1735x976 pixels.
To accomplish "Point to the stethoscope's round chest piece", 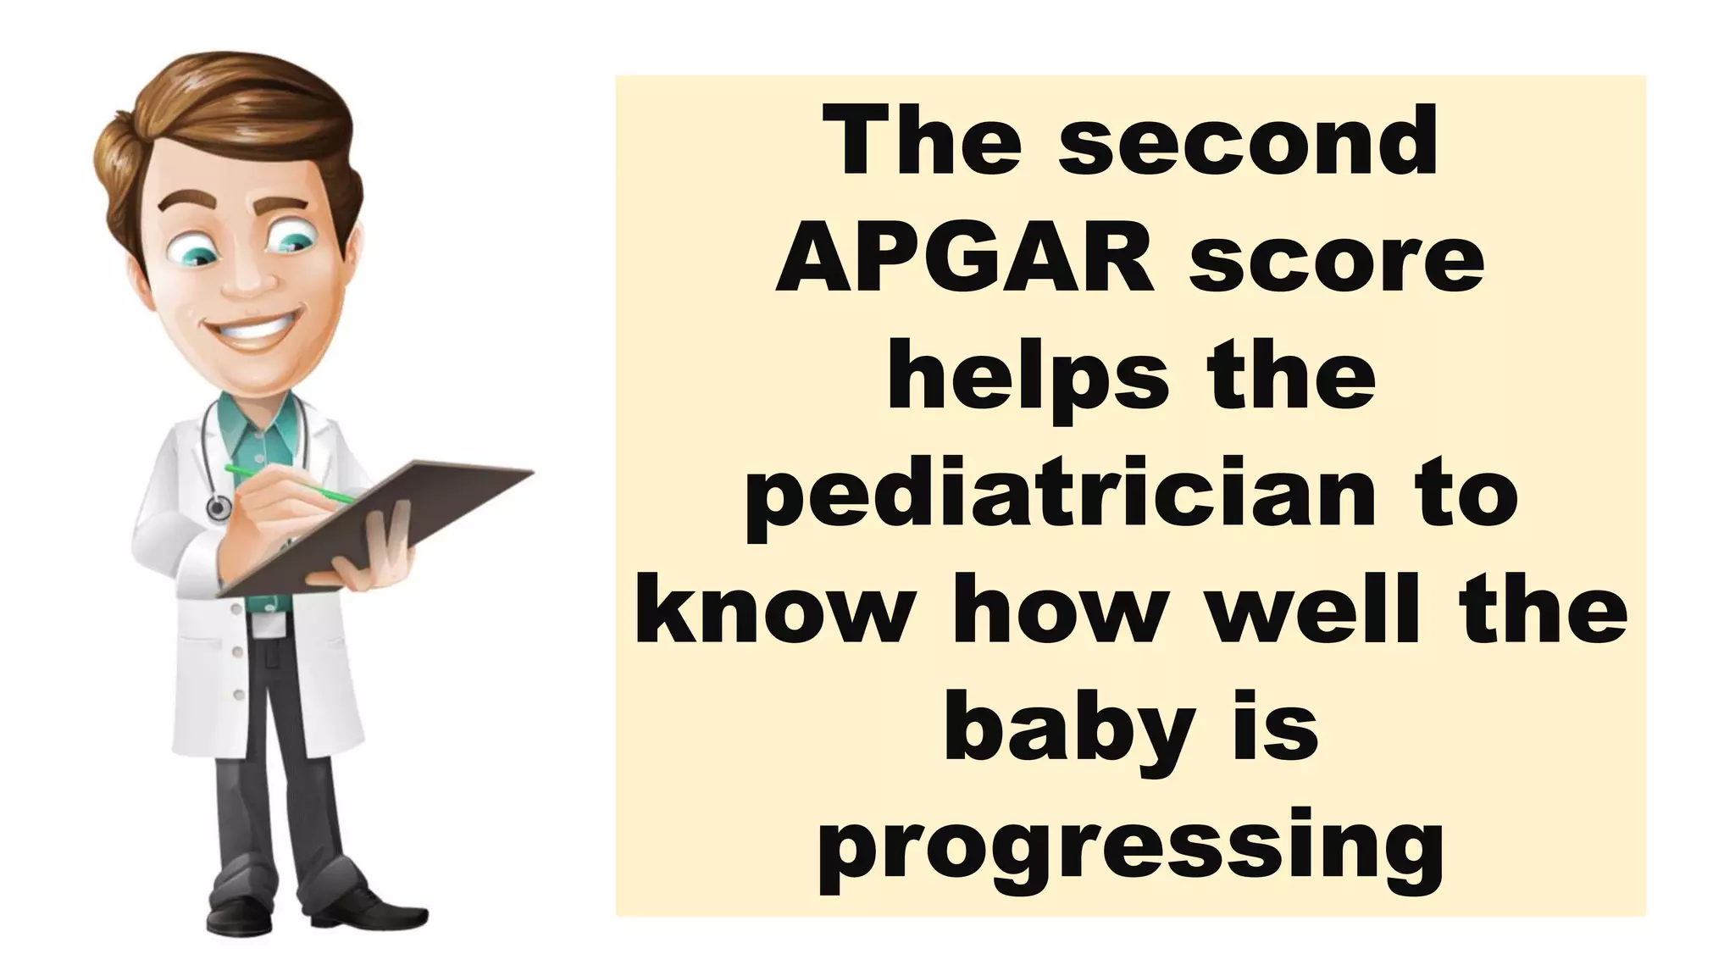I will click(x=219, y=507).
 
